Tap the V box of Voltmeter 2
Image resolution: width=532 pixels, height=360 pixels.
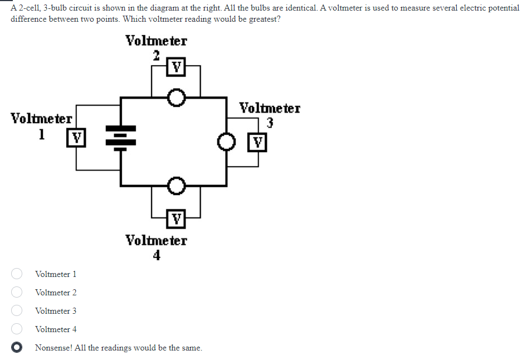pos(176,68)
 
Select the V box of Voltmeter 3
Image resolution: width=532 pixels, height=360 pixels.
pos(258,142)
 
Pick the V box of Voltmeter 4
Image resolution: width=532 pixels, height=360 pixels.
pos(176,218)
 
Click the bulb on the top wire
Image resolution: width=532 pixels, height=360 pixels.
pos(177,99)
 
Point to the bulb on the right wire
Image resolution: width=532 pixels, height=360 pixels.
pos(226,142)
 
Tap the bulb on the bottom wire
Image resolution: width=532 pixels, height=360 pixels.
pos(176,185)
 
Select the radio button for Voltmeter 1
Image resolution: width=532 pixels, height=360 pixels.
pos(17,274)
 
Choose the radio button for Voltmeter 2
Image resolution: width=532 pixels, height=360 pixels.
pos(17,292)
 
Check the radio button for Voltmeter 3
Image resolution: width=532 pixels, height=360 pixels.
pos(17,310)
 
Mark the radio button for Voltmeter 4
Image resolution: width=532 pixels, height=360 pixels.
pos(17,329)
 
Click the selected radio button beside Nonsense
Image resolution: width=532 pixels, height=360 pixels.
pos(17,347)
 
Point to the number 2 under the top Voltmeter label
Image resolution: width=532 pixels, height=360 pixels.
pos(157,55)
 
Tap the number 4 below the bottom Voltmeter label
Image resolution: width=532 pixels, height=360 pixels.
pos(157,255)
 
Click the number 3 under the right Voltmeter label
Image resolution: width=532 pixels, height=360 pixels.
pos(270,123)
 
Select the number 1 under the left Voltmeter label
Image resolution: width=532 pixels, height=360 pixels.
pos(41,134)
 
